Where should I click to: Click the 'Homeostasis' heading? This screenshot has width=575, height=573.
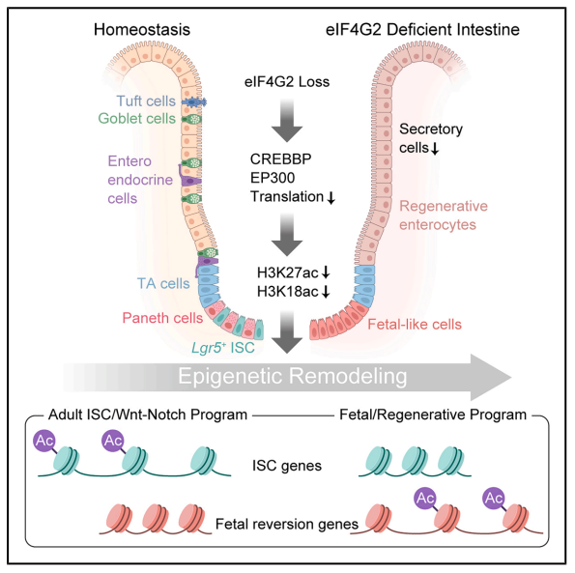[142, 30]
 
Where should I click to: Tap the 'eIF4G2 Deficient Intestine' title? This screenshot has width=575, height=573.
[422, 30]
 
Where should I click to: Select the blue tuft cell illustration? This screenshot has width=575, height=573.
[194, 102]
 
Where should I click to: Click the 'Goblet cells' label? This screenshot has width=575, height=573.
[137, 119]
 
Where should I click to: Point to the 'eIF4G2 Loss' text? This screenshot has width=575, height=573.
[287, 82]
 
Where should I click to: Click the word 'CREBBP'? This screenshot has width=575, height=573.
[280, 159]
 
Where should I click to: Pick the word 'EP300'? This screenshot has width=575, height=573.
[273, 178]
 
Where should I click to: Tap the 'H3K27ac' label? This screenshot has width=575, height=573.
[288, 272]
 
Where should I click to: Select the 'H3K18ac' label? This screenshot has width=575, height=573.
[288, 292]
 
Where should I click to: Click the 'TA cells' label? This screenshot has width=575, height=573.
[163, 283]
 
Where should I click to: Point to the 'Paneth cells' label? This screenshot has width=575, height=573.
[162, 318]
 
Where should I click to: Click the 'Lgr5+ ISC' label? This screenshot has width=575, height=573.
[223, 348]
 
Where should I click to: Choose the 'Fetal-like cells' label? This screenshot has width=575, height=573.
[415, 325]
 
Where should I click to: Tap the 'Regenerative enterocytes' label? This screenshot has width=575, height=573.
[444, 215]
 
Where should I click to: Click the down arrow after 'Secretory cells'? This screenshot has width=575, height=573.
[435, 149]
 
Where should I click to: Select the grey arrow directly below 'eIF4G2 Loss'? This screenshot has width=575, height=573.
[287, 120]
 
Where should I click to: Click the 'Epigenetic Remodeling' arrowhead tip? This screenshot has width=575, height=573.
[511, 377]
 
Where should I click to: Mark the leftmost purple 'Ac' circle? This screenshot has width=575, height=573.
[44, 441]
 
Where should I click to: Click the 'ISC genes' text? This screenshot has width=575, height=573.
[287, 466]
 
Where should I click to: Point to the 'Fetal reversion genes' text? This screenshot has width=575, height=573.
[287, 525]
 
